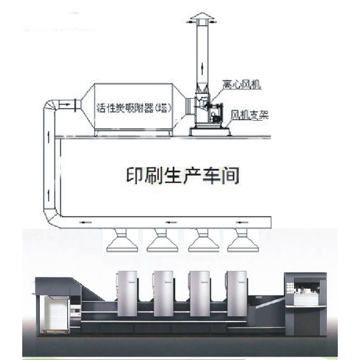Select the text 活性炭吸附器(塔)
point(133,108)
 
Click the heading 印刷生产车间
point(183,175)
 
